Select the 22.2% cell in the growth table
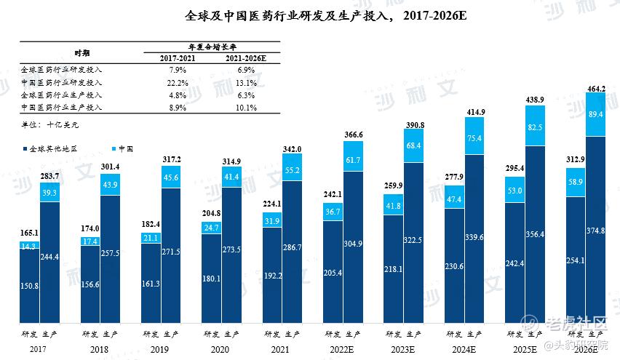pos(178,82)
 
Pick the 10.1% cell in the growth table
pos(246,108)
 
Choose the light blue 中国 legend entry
pos(122,148)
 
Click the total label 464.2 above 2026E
pos(596,89)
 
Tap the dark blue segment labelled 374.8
pos(596,231)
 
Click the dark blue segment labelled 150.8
pos(30,286)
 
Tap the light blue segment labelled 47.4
pos(454,199)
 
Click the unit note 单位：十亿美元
pos(52,125)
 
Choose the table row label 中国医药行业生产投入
pos(61,108)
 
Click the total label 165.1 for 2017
pos(30,233)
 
